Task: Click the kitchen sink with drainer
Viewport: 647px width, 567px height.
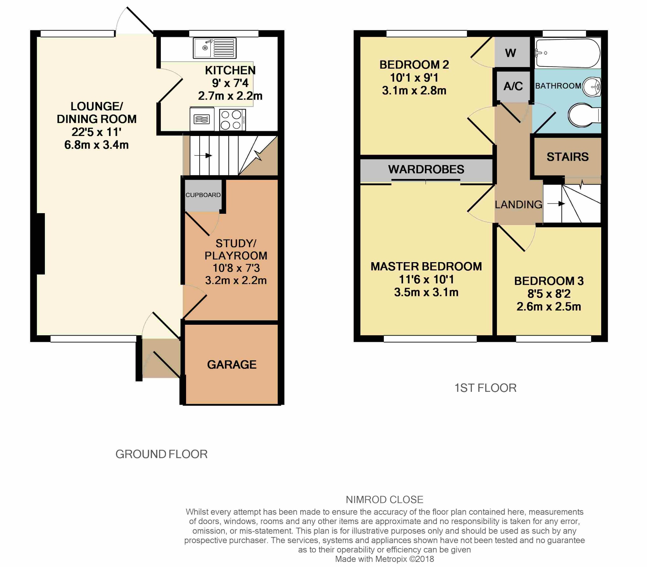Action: tap(215, 48)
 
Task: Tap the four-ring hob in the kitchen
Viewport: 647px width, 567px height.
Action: tap(232, 120)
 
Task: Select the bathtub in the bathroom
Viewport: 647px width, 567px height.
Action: tap(568, 53)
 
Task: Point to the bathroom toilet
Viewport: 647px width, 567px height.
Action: tap(584, 115)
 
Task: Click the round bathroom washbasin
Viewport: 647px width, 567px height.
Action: tap(591, 86)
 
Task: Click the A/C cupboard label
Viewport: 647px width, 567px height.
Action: tap(513, 86)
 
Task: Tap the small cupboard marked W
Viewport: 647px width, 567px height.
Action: tap(511, 53)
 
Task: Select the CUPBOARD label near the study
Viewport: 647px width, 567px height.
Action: tap(203, 195)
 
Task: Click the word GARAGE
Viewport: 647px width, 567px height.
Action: tap(232, 365)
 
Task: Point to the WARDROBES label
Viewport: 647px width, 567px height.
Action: tap(426, 169)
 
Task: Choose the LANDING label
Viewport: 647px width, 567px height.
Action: tap(518, 205)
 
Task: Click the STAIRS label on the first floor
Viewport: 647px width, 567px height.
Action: tap(568, 157)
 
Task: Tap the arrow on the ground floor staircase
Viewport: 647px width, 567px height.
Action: tap(203, 155)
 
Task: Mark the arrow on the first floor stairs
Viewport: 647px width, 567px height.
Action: tap(556, 203)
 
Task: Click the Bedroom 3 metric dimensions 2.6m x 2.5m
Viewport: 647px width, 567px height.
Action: tap(549, 307)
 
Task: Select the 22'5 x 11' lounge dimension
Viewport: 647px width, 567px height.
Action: tap(96, 132)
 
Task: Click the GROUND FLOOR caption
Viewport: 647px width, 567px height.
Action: tap(161, 454)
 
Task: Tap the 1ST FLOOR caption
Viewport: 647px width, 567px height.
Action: tap(486, 388)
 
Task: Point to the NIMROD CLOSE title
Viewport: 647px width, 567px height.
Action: tap(384, 500)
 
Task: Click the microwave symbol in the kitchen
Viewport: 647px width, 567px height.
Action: tap(202, 119)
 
